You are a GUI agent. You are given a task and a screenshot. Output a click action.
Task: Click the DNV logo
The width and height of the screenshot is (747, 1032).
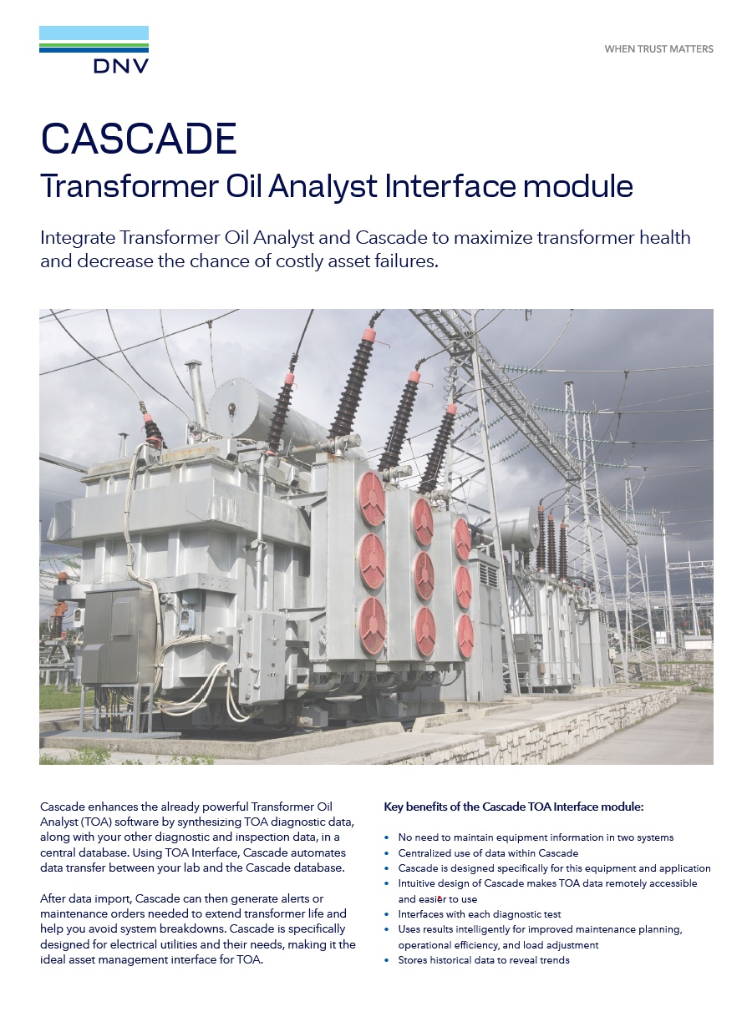[x=94, y=50]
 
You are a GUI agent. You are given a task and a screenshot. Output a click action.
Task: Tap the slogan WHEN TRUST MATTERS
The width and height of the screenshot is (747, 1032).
[x=658, y=49]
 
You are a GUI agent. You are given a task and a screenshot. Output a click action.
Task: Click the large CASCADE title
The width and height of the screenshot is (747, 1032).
[x=139, y=139]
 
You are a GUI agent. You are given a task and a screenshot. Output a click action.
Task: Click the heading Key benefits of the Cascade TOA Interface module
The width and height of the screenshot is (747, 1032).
[x=513, y=807]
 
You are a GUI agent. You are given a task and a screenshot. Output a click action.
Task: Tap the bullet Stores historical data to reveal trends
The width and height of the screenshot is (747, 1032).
[x=483, y=960]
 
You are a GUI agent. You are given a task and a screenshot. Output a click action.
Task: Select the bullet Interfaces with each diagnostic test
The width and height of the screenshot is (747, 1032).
[x=479, y=914]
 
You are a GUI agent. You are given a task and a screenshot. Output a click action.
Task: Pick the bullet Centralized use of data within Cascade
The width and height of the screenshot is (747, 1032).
[x=488, y=852]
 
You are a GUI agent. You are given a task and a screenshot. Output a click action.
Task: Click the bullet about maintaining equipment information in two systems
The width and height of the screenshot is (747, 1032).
[x=536, y=837]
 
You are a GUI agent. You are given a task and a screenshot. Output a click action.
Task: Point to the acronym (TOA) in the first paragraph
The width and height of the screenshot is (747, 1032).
[x=97, y=822]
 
